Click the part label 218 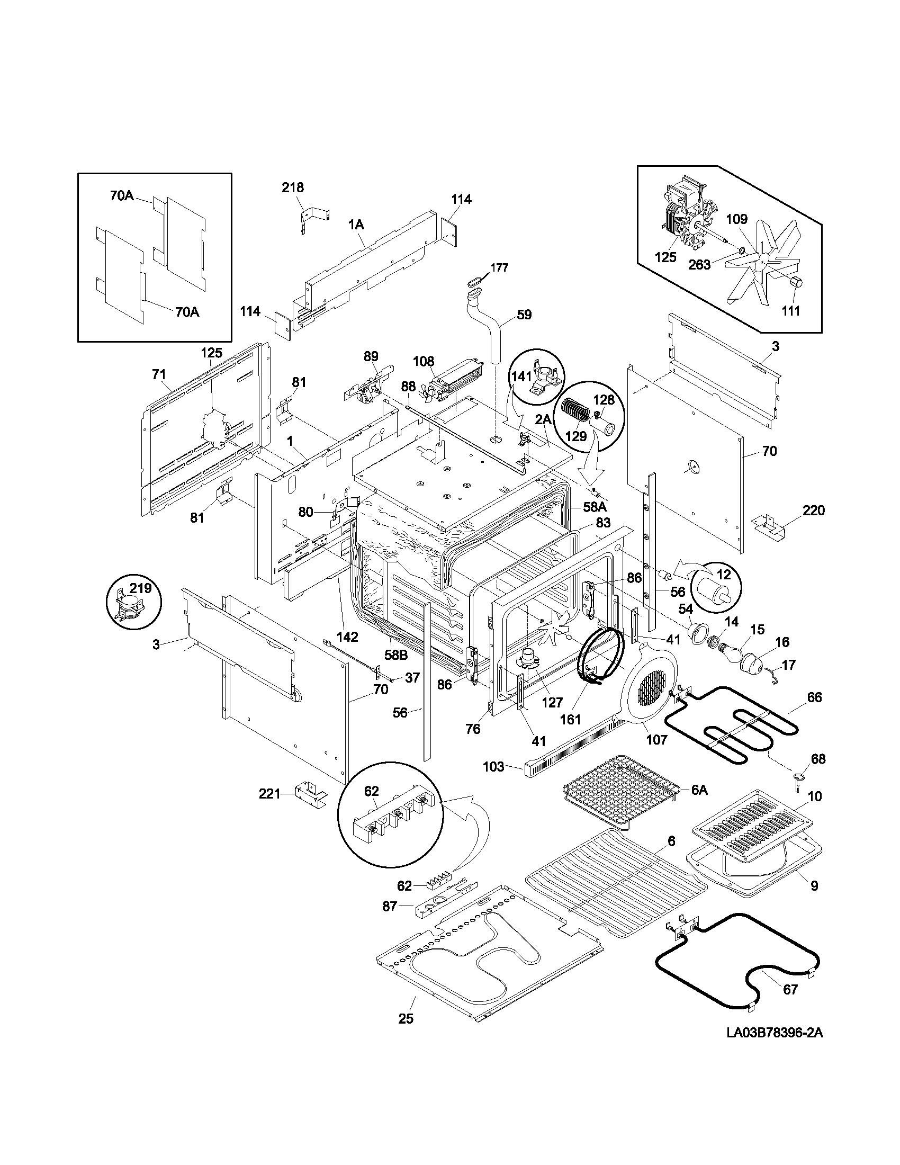click(293, 187)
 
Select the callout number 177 click(499, 267)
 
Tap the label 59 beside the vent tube click(524, 315)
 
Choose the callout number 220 click(813, 510)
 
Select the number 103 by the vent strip click(493, 767)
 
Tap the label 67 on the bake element click(790, 990)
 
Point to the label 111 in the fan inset click(791, 310)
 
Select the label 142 click(348, 637)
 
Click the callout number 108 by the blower click(424, 361)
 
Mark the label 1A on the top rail click(356, 225)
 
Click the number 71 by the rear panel click(159, 374)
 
